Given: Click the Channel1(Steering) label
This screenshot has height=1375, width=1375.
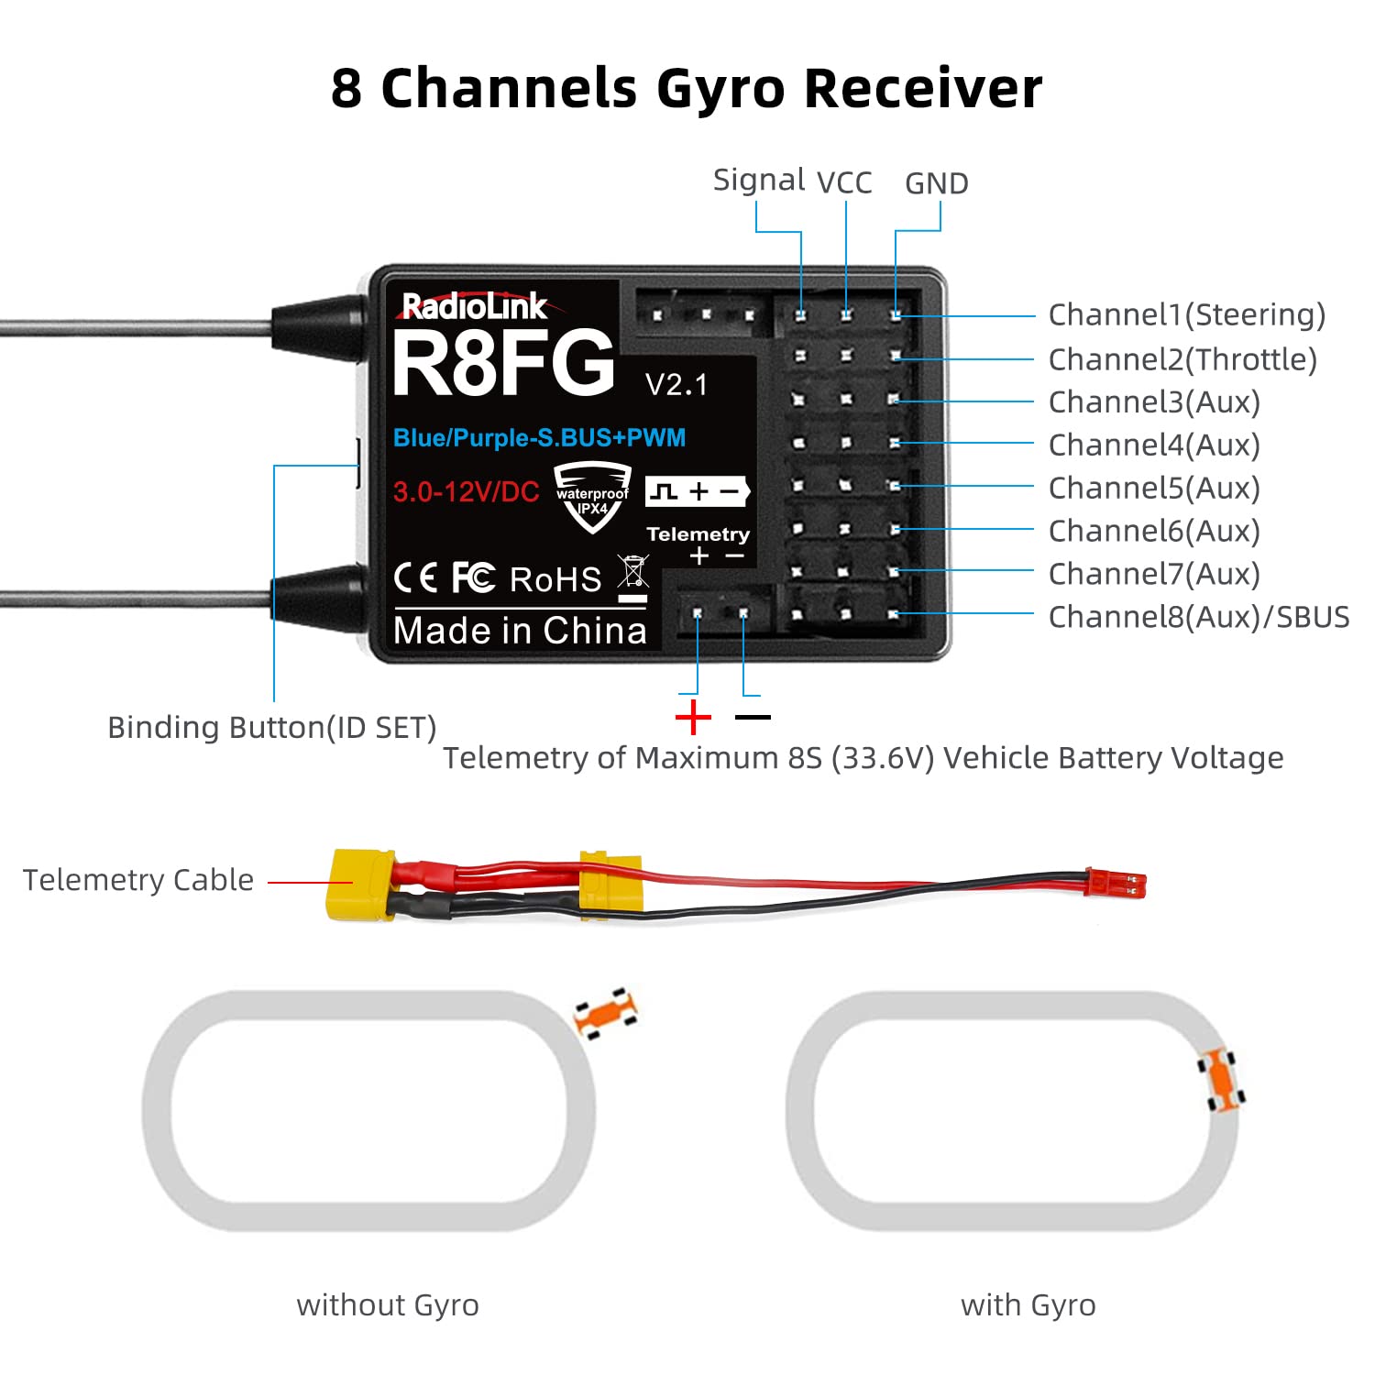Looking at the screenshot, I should point(1186,314).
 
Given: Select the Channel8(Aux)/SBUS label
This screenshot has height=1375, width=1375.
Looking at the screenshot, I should point(1198,617).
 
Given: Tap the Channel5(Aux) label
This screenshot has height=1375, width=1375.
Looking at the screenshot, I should point(1154,488).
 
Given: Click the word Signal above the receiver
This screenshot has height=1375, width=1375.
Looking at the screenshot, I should point(759,180).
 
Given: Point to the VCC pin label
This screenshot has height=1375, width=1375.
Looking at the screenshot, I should point(844,183).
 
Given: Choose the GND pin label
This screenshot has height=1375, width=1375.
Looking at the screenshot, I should point(936,184).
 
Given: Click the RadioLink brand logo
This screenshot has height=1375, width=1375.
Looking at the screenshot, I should point(474,306).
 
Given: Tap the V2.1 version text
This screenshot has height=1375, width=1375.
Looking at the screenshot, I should point(676,385).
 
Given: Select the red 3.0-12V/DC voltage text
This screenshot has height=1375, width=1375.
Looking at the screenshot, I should point(466,492).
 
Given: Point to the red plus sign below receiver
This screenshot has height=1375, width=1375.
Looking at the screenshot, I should point(693,717).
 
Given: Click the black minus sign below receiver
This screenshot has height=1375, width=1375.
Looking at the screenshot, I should point(753,717).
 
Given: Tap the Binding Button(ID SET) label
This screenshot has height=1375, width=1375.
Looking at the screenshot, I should point(271,727).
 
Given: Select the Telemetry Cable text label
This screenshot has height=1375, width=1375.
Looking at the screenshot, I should point(137,880).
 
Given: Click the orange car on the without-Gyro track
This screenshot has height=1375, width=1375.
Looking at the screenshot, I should point(605,1013).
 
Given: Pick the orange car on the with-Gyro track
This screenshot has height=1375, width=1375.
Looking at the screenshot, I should point(1221,1080).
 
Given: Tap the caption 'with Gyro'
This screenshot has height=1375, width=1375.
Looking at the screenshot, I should point(1028,1304).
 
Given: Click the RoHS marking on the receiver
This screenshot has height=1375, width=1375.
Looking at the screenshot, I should point(555,579).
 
